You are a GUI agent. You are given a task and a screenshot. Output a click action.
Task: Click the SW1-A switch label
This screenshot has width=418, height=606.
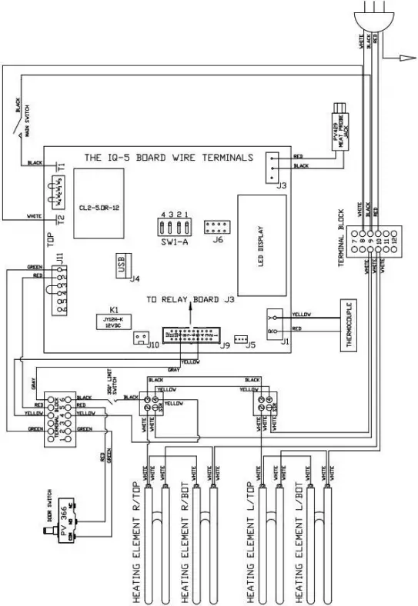(x=175, y=241)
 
